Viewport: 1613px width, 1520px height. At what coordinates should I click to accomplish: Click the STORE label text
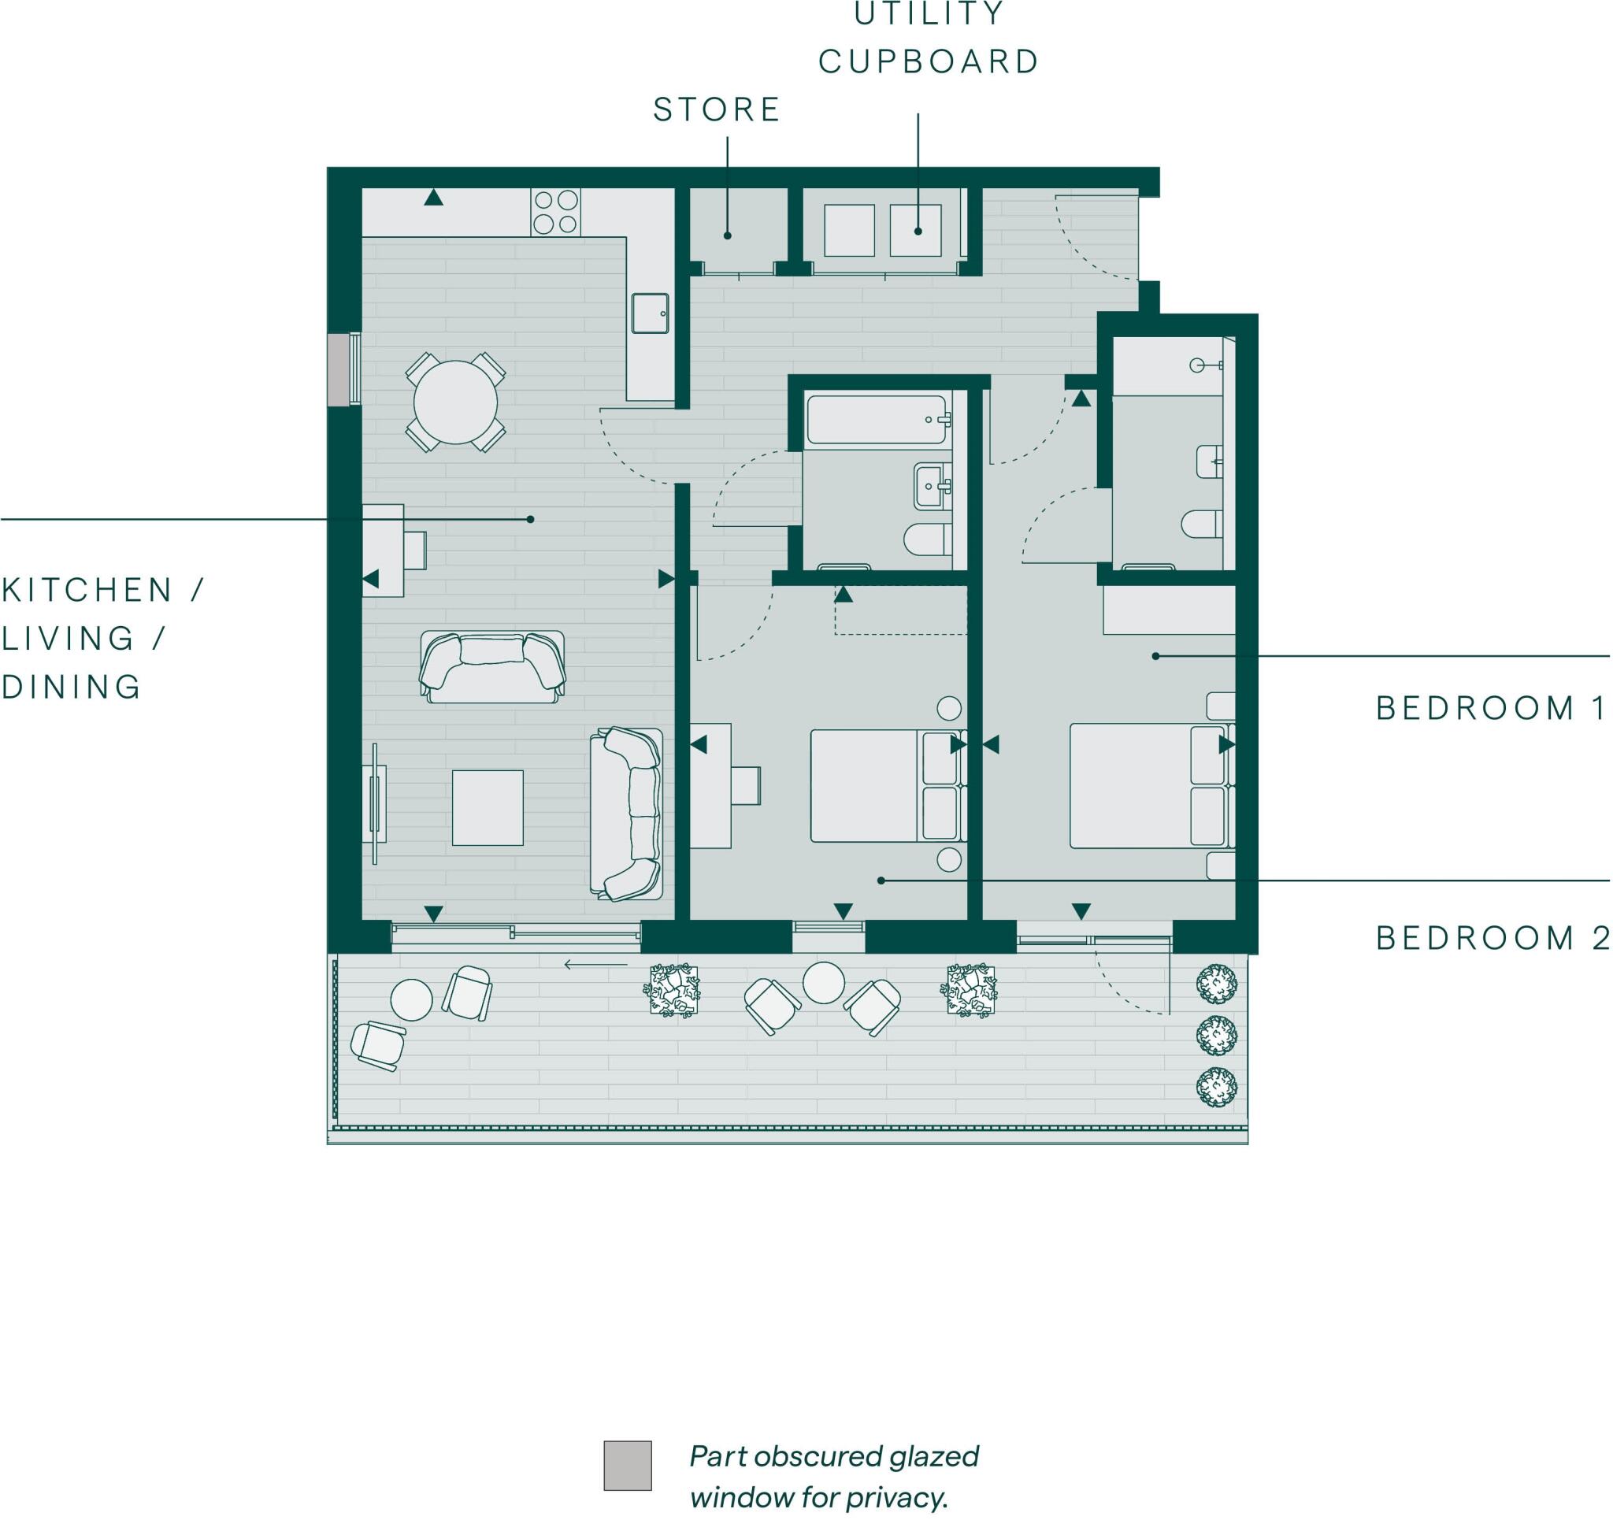pyautogui.click(x=717, y=109)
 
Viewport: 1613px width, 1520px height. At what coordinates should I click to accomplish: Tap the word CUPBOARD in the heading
pyautogui.click(x=929, y=61)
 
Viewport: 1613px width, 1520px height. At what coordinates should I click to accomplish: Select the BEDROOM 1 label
pyautogui.click(x=1489, y=708)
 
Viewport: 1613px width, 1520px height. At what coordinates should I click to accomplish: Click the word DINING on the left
pyautogui.click(x=72, y=687)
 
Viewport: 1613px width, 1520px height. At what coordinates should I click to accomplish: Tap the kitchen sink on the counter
pyautogui.click(x=650, y=313)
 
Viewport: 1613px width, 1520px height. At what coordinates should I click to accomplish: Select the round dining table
pyautogui.click(x=455, y=402)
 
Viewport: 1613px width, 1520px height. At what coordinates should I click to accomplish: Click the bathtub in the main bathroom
pyautogui.click(x=877, y=420)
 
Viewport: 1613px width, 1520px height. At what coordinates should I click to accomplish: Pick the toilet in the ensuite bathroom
pyautogui.click(x=1201, y=524)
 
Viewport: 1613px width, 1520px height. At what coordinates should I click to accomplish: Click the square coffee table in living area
pyautogui.click(x=488, y=807)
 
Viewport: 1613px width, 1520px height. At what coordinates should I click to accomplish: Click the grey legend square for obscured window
pyautogui.click(x=627, y=1466)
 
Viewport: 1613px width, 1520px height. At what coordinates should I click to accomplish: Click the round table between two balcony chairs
pyautogui.click(x=823, y=982)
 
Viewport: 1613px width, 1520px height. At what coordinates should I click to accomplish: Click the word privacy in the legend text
pyautogui.click(x=914, y=1497)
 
